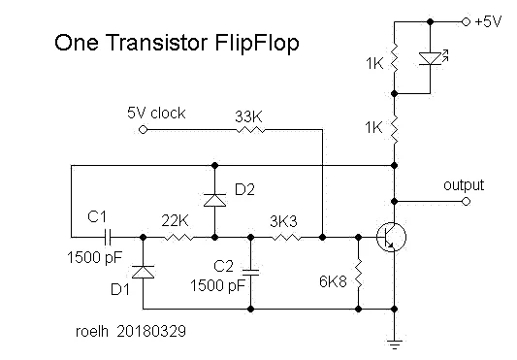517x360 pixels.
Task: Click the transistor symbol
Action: pyautogui.click(x=392, y=237)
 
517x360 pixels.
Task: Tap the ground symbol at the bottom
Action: pyautogui.click(x=395, y=344)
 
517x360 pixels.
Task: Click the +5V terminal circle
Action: pyautogui.click(x=466, y=21)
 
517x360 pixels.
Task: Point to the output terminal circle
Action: pyautogui.click(x=466, y=201)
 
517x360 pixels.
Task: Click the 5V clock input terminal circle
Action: pyautogui.click(x=143, y=129)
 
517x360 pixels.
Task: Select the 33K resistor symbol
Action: pyautogui.click(x=250, y=130)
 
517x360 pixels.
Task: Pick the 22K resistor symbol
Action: pyautogui.click(x=178, y=237)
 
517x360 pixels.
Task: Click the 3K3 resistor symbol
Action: pyautogui.click(x=286, y=237)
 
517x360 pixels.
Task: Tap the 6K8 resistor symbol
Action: pyautogui.click(x=358, y=274)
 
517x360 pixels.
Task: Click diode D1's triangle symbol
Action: pyautogui.click(x=143, y=272)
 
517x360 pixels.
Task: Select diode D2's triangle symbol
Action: pyautogui.click(x=214, y=200)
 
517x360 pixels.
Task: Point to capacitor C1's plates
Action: pyautogui.click(x=108, y=237)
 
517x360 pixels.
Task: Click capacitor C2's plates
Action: pyautogui.click(x=250, y=272)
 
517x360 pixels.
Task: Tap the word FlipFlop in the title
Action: pyautogui.click(x=257, y=44)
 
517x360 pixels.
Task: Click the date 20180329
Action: pyautogui.click(x=151, y=331)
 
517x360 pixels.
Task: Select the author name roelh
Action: pyautogui.click(x=92, y=331)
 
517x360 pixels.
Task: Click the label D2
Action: pyautogui.click(x=244, y=189)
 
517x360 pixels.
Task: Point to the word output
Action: pyautogui.click(x=464, y=185)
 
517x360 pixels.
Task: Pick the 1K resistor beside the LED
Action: pyautogui.click(x=395, y=58)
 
